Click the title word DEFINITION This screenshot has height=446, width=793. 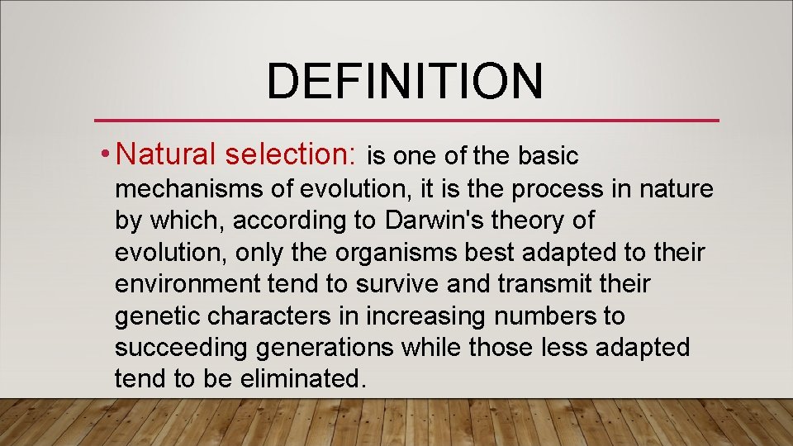(x=405, y=81)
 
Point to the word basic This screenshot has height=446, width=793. (x=548, y=155)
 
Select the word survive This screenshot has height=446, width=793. (x=399, y=284)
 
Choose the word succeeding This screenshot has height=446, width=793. (x=181, y=347)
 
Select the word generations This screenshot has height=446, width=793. (x=325, y=347)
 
